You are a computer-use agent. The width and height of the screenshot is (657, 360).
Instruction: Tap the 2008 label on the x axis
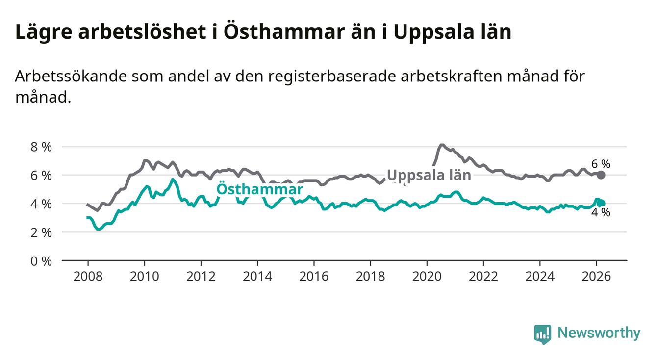(x=88, y=276)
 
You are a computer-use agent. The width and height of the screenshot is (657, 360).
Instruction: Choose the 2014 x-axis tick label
(x=257, y=276)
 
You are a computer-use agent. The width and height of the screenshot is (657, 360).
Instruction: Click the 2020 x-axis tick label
(x=427, y=276)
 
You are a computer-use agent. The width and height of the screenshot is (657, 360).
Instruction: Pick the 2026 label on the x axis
(x=596, y=276)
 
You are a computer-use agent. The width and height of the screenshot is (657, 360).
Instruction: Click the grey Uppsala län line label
(x=429, y=176)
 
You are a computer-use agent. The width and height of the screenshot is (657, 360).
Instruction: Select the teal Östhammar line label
(x=259, y=190)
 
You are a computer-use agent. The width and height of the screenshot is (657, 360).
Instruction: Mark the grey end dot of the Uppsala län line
(x=601, y=175)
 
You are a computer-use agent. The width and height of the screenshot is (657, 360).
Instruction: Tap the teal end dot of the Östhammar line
(x=602, y=203)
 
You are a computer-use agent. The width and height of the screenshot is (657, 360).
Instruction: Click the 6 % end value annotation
(x=601, y=164)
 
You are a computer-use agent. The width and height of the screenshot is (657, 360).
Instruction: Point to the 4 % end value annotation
(x=601, y=213)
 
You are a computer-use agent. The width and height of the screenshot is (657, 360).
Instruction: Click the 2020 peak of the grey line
(x=441, y=145)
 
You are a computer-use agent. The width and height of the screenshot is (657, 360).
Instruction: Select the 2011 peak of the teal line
(x=172, y=180)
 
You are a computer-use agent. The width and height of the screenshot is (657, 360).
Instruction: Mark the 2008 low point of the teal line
(x=99, y=229)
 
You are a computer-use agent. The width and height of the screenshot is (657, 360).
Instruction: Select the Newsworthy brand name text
(x=599, y=334)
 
